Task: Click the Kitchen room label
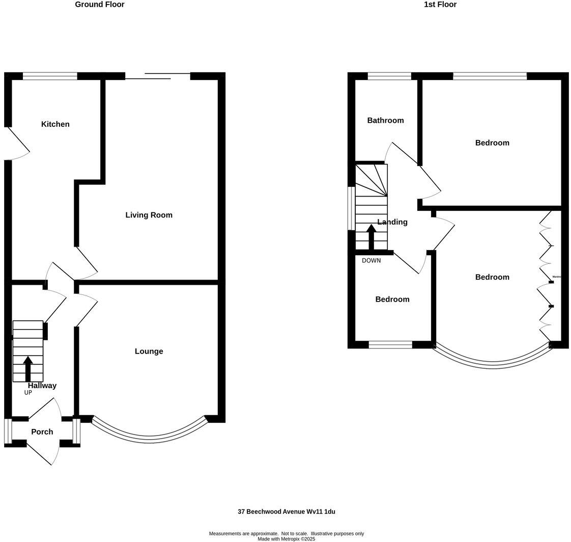(55, 124)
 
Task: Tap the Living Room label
(149, 215)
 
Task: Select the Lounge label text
(149, 351)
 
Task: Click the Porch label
(42, 432)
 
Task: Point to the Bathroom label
(385, 121)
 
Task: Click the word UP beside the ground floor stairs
(28, 393)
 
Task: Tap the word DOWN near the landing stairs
(371, 261)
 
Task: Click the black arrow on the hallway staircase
(28, 368)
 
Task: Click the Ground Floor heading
(99, 5)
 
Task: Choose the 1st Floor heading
(440, 5)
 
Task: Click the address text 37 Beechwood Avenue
(286, 512)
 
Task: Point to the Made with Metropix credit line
(286, 539)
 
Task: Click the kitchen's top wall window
(50, 76)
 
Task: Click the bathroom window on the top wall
(389, 76)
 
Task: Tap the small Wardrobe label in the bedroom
(556, 277)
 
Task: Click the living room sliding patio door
(157, 76)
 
